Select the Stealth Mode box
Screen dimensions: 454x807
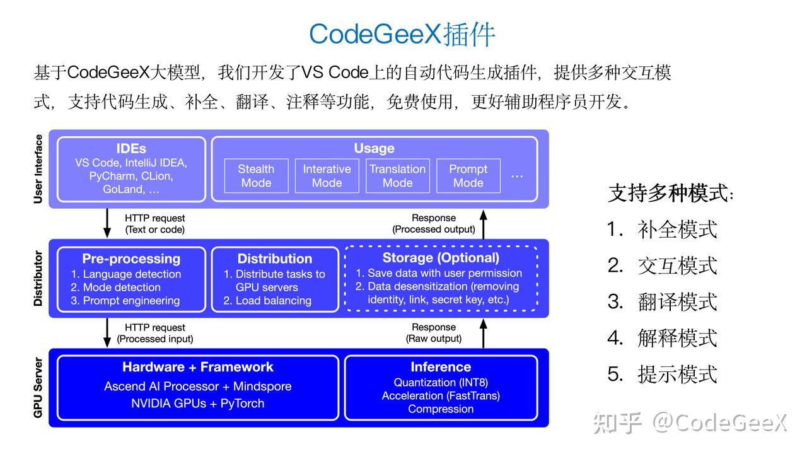[x=256, y=176]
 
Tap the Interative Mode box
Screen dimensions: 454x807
[x=327, y=176]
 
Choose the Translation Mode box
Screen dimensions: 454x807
[x=397, y=176]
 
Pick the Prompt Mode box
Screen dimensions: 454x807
[x=468, y=176]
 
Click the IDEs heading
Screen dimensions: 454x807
[x=131, y=149]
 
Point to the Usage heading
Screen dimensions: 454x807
[x=374, y=149]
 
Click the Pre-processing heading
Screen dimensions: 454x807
[x=131, y=259]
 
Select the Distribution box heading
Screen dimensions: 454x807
[x=274, y=259]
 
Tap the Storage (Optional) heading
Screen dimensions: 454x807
[x=441, y=258]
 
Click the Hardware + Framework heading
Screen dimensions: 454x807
[x=198, y=367]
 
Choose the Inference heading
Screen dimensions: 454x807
[x=441, y=367]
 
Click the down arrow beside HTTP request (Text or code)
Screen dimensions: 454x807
[x=107, y=223]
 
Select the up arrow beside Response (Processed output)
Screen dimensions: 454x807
[x=484, y=223]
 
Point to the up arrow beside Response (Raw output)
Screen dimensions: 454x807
[x=484, y=333]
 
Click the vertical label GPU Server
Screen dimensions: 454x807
[x=38, y=388]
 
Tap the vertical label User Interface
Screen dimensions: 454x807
[x=38, y=169]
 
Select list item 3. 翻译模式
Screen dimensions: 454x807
[x=663, y=302]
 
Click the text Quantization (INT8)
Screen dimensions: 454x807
[x=441, y=383]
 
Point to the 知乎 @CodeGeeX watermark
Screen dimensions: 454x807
[x=690, y=423]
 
